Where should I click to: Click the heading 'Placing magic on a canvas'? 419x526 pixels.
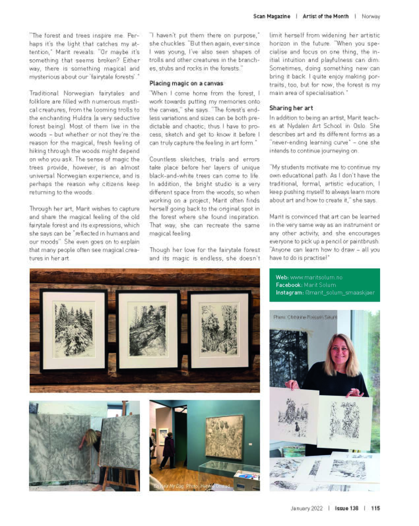(186, 83)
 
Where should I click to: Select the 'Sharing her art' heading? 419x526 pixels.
(291, 108)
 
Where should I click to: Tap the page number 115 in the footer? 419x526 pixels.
(375, 508)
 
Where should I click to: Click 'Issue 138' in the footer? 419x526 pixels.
(346, 508)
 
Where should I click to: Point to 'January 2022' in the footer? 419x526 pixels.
(306, 508)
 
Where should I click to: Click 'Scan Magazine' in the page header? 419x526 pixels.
(272, 16)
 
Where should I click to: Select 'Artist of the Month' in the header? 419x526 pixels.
(325, 16)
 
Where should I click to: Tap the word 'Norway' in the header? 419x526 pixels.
(371, 16)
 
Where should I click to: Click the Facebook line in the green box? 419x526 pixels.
(306, 285)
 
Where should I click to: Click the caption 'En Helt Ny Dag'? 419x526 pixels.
(169, 486)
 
